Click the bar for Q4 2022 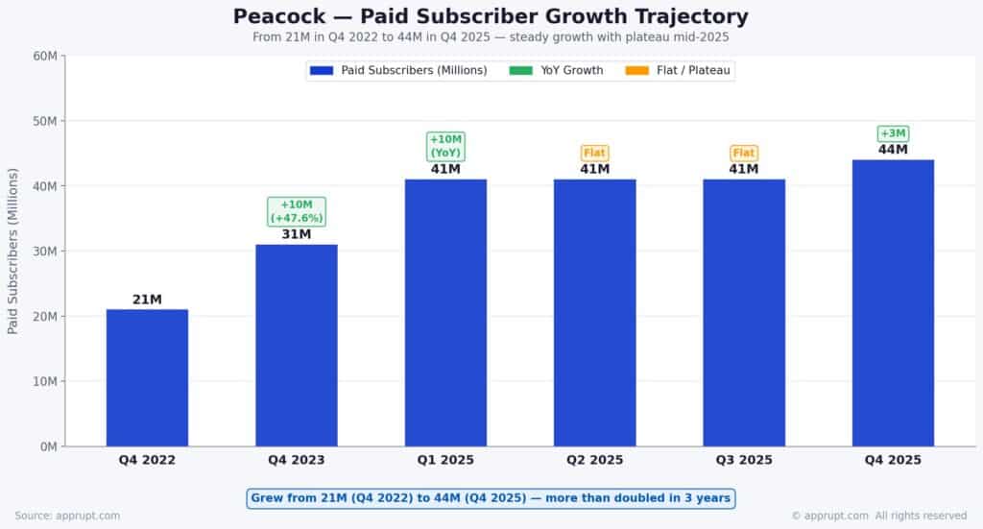click(147, 377)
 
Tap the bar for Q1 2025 click(445, 313)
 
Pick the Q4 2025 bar click(893, 302)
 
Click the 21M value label click(147, 300)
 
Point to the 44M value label click(893, 150)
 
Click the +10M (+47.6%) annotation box click(296, 211)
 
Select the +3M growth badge click(893, 133)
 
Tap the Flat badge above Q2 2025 click(594, 153)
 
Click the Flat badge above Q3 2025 click(744, 153)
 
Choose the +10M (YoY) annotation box click(445, 146)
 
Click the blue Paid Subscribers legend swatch click(322, 70)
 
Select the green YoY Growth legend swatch click(520, 70)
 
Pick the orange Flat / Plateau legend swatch click(636, 70)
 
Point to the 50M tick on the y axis click(44, 121)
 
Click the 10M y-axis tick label click(44, 381)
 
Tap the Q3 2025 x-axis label click(744, 460)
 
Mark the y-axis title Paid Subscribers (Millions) click(13, 251)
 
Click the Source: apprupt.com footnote click(67, 516)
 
